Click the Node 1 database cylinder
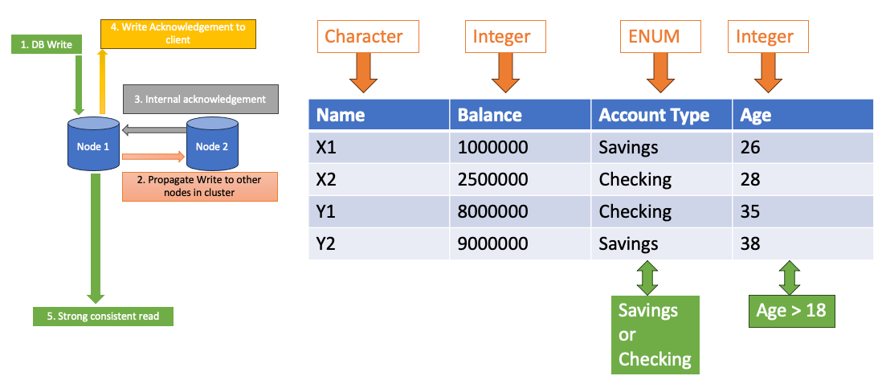click(x=93, y=145)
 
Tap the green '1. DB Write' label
click(x=47, y=45)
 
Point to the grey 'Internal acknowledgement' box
click(x=200, y=99)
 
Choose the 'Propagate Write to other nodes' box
click(x=199, y=186)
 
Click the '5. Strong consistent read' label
click(x=103, y=316)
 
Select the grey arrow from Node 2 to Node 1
click(x=154, y=129)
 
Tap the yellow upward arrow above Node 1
click(x=101, y=80)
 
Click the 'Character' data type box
click(x=363, y=37)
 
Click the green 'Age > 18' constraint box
click(x=790, y=310)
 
